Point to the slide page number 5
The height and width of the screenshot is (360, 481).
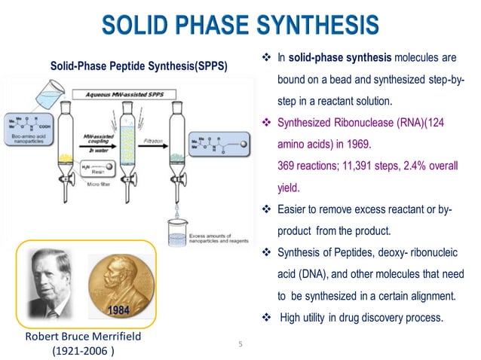click(240, 345)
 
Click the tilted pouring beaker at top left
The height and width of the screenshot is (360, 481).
click(29, 103)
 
